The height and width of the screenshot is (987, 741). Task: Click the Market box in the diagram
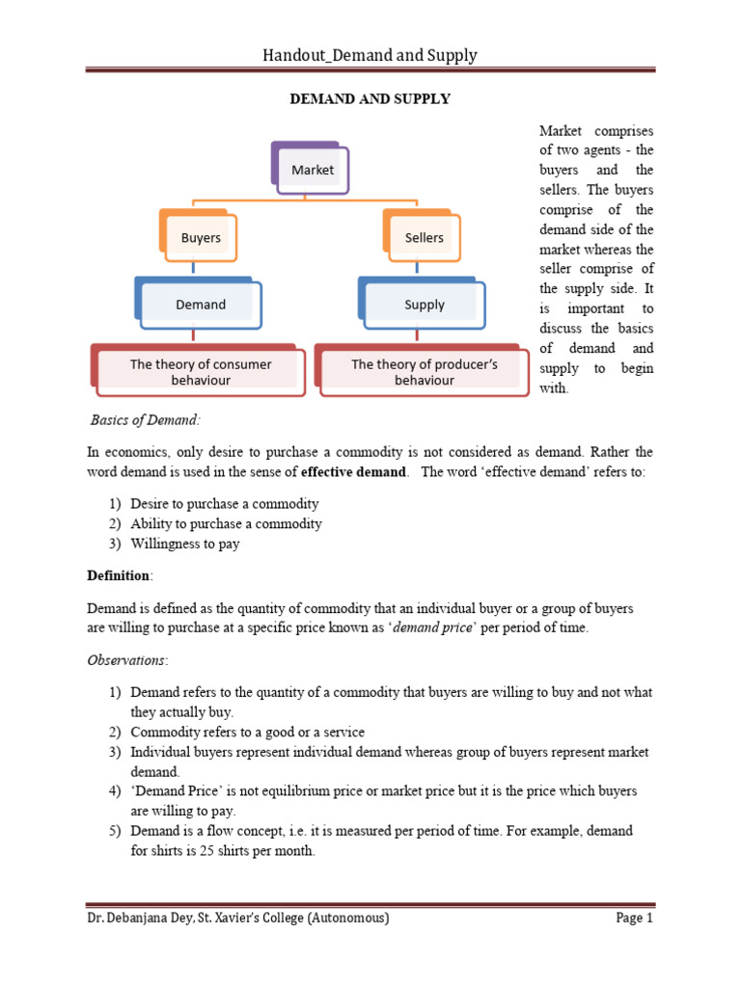click(312, 170)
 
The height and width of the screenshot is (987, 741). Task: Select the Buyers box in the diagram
click(201, 237)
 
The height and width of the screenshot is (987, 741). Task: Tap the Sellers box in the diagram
click(424, 237)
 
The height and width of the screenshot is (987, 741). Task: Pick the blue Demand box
click(200, 305)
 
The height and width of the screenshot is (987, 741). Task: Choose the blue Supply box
click(424, 305)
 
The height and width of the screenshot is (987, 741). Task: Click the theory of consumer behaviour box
click(201, 372)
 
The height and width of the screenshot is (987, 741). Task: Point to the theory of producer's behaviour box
click(424, 372)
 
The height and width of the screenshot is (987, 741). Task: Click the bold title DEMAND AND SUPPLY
click(370, 99)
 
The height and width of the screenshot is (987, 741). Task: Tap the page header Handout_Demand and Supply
click(370, 55)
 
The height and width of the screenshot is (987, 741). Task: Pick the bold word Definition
click(119, 575)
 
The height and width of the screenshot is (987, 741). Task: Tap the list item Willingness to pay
click(185, 544)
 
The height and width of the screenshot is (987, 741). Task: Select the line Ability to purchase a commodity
click(226, 523)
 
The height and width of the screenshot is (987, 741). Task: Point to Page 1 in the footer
click(634, 919)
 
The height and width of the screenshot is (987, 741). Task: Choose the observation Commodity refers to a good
click(247, 732)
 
